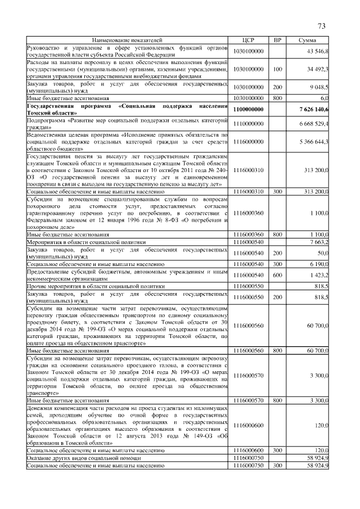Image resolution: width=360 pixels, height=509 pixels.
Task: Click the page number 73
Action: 322,26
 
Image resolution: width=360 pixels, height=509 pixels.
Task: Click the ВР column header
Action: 277,40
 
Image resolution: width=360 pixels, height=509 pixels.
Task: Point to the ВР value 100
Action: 277,69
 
